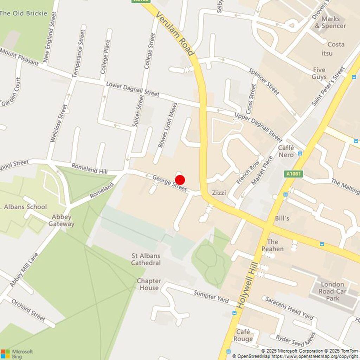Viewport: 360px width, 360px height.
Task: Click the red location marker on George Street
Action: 180,180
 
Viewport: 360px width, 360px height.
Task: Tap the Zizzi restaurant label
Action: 219,193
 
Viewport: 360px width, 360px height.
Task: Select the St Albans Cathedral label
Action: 146,259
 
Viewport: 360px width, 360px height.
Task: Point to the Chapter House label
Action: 149,284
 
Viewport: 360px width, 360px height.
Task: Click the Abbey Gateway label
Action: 62,220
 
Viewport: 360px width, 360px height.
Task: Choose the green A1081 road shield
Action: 293,174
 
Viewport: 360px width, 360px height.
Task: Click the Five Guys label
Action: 319,73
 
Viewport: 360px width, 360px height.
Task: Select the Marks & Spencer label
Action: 330,22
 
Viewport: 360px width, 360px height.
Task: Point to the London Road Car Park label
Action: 332,291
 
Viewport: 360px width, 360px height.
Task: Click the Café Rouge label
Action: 243,335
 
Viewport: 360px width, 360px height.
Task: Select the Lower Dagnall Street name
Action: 133,89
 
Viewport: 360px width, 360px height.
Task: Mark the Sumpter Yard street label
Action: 211,297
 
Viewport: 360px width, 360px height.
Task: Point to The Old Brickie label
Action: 23,13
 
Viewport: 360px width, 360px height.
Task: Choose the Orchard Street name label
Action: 28,310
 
